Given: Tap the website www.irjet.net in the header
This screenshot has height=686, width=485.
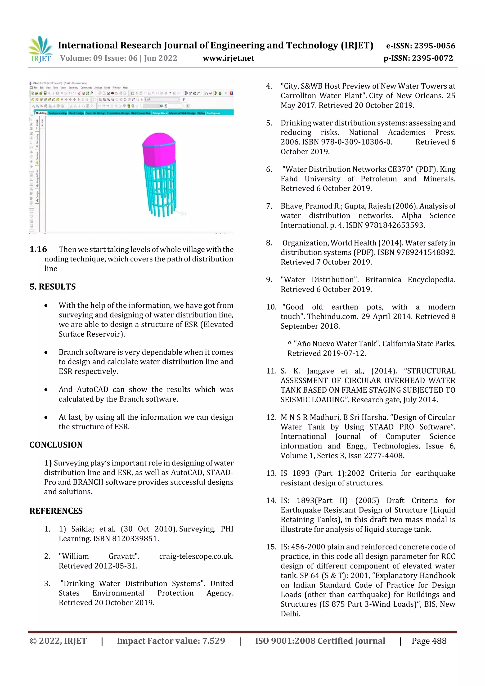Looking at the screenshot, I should click(x=228, y=58).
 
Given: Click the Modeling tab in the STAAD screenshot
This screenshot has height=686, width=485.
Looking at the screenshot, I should click(x=41, y=113).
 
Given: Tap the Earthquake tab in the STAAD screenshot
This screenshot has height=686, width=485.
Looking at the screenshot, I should click(x=213, y=113).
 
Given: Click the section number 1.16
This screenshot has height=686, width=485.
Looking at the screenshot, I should click(x=38, y=249).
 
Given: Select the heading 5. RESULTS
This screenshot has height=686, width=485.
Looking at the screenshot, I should click(x=53, y=287).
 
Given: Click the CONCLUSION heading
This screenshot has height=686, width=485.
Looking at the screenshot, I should click(x=56, y=445).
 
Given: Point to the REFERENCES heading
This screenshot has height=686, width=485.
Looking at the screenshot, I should click(x=56, y=511).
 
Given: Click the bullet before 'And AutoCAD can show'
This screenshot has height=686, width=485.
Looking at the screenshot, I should click(x=46, y=390).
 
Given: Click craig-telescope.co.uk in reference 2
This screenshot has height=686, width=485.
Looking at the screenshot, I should click(x=196, y=556).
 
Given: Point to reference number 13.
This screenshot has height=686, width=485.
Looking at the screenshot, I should click(x=271, y=473).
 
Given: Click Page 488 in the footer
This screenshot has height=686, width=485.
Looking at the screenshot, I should click(x=429, y=641).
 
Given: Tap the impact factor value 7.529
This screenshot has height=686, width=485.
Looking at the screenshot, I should click(x=213, y=641).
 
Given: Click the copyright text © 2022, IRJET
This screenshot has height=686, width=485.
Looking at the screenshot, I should click(x=58, y=641).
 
